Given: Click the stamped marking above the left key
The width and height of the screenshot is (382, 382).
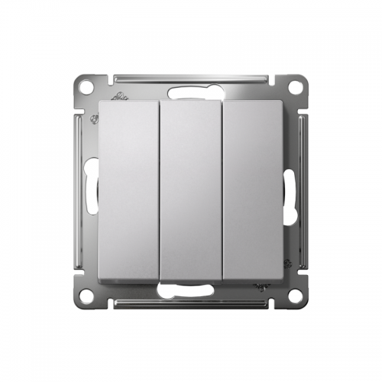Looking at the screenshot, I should (119, 99).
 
